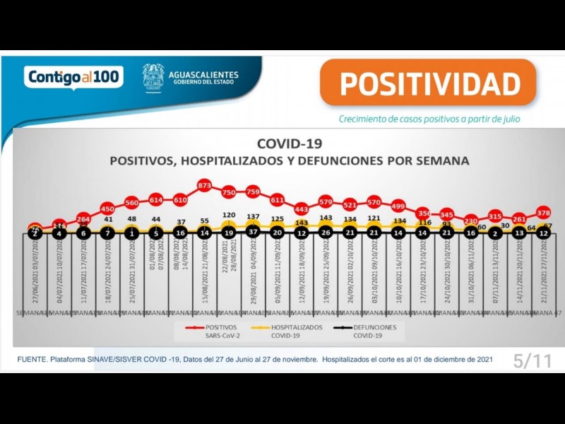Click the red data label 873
coord(204,185)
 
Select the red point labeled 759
coord(254,192)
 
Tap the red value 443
coord(302,208)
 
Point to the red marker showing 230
coord(470,221)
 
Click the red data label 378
coord(543,212)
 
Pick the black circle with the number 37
coord(254,232)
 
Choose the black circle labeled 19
coord(229,232)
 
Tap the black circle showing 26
coord(326,232)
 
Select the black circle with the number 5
coord(156,232)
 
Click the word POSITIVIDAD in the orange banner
coord(429,83)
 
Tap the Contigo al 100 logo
coord(73,76)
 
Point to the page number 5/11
coord(532,362)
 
